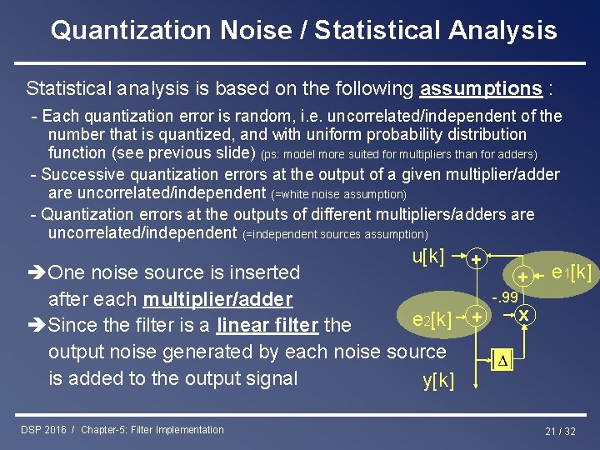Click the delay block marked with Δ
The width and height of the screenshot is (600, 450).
502,362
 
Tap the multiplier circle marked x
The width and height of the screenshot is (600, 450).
523,315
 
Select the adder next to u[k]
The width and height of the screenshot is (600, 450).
476,259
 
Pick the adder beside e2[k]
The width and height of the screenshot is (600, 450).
476,317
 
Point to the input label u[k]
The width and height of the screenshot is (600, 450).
428,256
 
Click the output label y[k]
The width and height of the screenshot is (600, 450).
438,382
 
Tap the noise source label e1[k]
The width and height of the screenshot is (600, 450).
572,272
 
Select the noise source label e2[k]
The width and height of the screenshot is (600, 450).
432,318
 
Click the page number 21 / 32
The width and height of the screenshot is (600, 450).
560,431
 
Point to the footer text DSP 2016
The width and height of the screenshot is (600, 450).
46,430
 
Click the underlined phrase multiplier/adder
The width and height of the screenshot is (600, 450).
217,299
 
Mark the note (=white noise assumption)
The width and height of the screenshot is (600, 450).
339,194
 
